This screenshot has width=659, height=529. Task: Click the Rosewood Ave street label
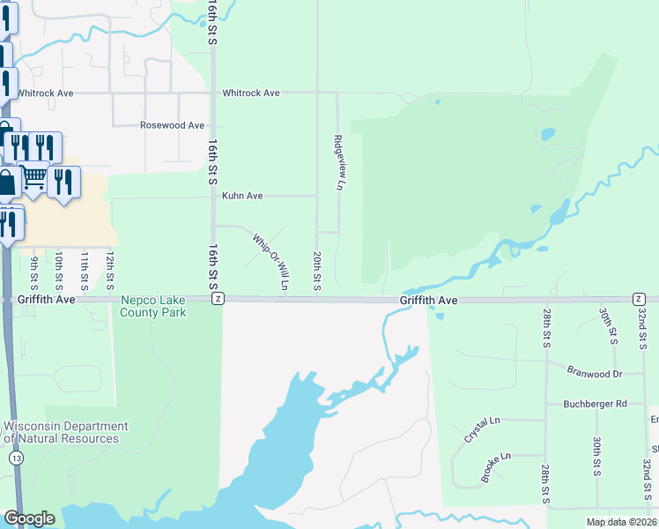tap(172, 125)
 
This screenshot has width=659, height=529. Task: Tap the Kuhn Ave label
tap(242, 196)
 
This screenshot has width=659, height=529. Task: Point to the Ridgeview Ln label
tap(337, 163)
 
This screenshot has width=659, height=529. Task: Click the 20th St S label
tap(316, 271)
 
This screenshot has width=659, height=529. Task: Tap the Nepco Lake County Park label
tap(154, 306)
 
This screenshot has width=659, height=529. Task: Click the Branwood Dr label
tap(595, 373)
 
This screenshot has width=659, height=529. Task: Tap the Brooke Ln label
tap(496, 468)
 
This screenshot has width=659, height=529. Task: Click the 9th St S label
tap(34, 271)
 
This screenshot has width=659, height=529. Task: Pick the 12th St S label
tap(110, 271)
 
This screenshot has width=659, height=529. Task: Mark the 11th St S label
tap(85, 271)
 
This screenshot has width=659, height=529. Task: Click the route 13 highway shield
tap(16, 458)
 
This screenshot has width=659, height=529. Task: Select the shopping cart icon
tap(33, 177)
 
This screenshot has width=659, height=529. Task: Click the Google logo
tap(29, 518)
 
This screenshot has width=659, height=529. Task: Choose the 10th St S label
tap(59, 271)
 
